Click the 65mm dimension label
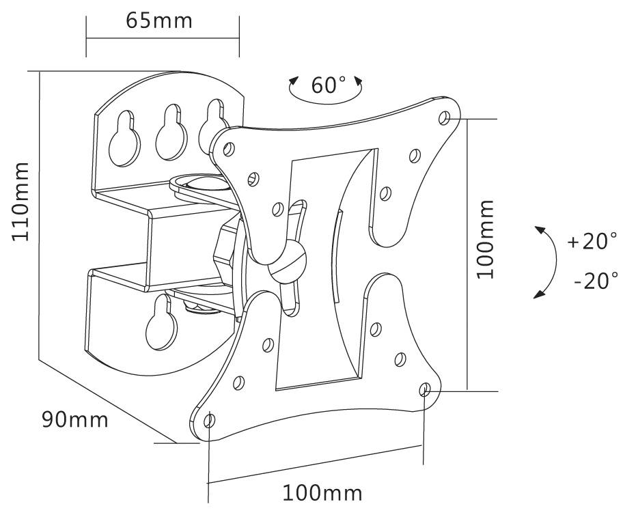point(159,20)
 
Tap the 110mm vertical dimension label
point(20,201)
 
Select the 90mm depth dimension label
point(74,419)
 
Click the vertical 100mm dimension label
point(485,239)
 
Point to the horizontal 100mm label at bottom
point(322,492)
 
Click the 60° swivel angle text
point(328,85)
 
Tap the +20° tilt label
point(592,241)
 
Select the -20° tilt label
point(596,280)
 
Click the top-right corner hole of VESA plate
point(444,117)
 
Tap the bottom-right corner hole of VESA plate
point(424,390)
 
